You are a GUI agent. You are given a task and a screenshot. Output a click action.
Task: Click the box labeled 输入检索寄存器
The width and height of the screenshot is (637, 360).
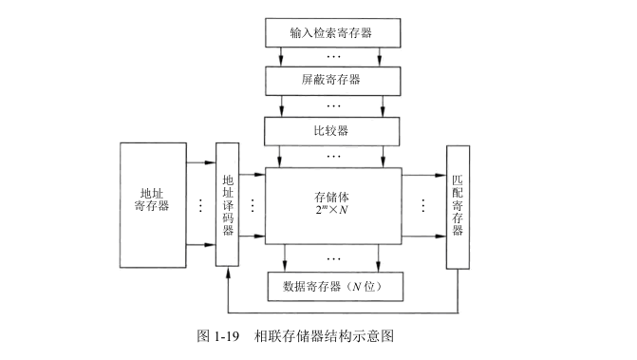(x=331, y=32)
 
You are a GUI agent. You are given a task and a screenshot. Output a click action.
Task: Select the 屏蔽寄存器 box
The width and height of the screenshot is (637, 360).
(x=331, y=81)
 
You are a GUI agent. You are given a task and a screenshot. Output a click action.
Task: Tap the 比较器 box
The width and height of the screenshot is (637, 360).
(x=331, y=128)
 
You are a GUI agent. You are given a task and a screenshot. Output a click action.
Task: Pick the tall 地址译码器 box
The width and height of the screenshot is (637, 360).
(x=228, y=204)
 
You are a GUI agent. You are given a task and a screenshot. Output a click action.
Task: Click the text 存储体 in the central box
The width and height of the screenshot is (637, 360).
(x=332, y=195)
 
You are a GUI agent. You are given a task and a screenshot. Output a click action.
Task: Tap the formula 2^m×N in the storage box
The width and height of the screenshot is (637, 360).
(x=332, y=211)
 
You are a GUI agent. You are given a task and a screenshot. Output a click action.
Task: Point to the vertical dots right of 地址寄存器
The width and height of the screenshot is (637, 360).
(x=201, y=205)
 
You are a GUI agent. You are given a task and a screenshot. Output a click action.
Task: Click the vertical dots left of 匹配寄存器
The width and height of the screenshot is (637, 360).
(x=422, y=205)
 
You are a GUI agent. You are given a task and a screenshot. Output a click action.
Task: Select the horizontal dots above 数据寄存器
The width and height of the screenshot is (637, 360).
(x=333, y=257)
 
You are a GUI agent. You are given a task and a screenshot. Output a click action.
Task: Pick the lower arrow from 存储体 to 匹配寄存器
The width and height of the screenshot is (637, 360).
(x=422, y=244)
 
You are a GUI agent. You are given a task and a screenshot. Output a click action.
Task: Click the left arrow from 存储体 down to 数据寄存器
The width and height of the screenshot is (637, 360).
(x=285, y=256)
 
